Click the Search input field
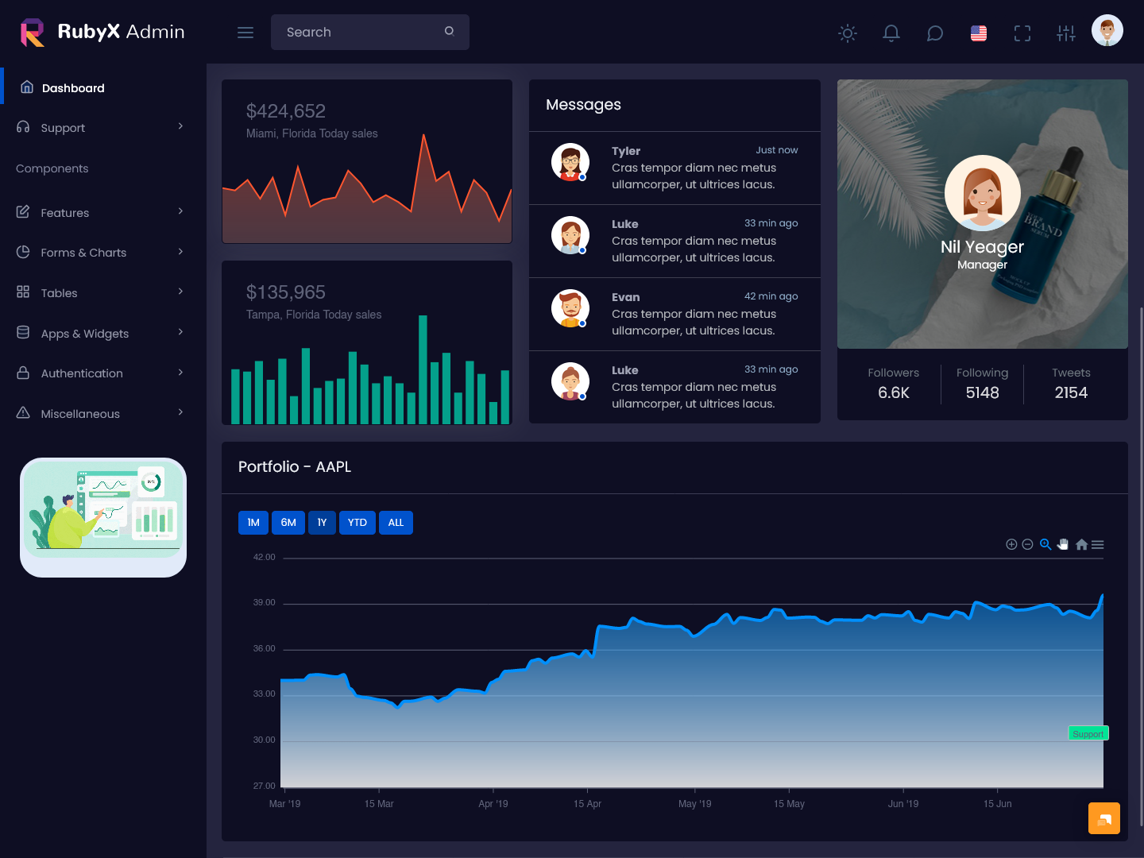click(361, 32)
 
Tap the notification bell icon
click(891, 33)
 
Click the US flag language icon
click(979, 33)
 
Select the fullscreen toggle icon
click(1022, 33)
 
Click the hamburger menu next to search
click(245, 33)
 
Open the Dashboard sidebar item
click(72, 88)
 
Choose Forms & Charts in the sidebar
click(83, 253)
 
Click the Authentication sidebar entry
click(82, 373)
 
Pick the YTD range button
click(357, 523)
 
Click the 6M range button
click(288, 523)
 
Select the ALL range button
click(396, 523)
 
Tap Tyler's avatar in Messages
click(570, 162)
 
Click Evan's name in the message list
click(625, 297)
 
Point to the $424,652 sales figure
click(286, 111)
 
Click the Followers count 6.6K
click(894, 392)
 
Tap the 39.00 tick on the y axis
click(264, 603)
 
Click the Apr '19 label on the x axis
click(493, 804)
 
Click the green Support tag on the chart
click(1088, 734)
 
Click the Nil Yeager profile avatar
click(983, 193)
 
